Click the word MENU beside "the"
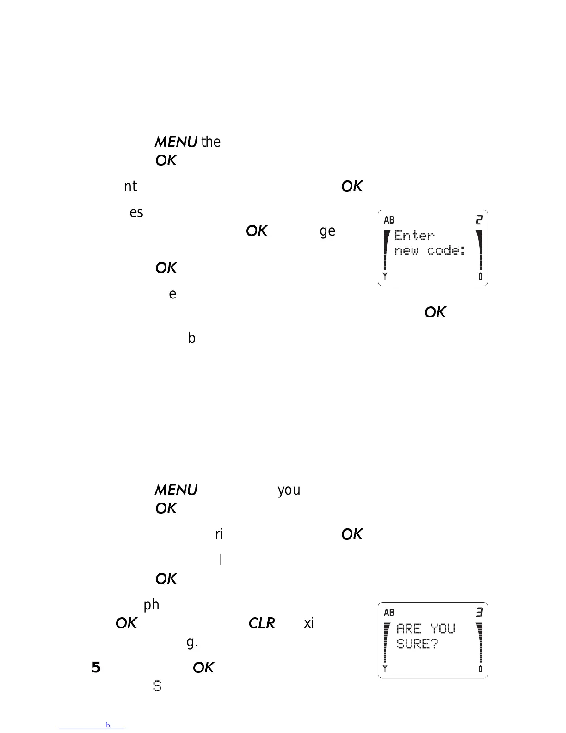tap(176, 142)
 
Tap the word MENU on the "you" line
tap(176, 490)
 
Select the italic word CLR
tap(262, 623)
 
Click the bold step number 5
tap(96, 667)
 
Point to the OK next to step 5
tap(203, 667)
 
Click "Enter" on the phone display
tap(414, 236)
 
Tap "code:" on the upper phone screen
tap(446, 251)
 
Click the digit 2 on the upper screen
tap(480, 220)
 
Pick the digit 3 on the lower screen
tap(480, 613)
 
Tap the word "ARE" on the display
tap(409, 628)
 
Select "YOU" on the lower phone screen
tap(443, 628)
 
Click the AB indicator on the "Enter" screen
tap(389, 220)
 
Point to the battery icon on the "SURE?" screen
tap(480, 669)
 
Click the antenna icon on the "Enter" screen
tap(385, 276)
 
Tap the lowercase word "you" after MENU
tap(289, 490)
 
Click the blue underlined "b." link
tap(109, 725)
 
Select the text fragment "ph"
tap(151, 605)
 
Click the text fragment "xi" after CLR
tap(309, 623)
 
